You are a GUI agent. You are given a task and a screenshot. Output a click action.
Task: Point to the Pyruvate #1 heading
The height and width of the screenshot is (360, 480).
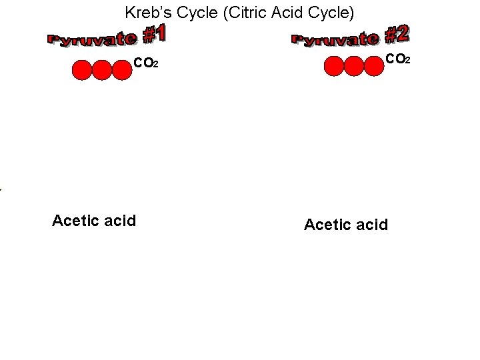107,36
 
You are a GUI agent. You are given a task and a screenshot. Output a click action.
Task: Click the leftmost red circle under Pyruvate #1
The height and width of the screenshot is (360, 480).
81,70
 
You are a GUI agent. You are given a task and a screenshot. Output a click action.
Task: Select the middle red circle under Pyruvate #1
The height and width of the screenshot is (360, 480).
101,70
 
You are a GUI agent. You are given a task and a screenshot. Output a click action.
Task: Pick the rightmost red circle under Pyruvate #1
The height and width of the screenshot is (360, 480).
121,70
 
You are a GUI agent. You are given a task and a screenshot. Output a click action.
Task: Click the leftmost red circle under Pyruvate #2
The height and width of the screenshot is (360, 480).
334,66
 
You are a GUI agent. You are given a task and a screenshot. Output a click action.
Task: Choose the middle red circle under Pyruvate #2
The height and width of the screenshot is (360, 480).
354,66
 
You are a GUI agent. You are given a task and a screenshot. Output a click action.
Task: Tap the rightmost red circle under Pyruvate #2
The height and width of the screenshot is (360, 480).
374,66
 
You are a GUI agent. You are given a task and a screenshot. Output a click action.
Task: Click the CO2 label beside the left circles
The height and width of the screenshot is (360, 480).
145,64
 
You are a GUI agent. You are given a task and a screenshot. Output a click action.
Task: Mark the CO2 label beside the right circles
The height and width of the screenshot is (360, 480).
398,60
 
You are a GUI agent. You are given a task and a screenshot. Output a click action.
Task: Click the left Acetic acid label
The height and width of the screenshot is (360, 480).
94,221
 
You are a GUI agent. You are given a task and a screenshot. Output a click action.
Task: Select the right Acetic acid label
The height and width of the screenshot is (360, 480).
346,225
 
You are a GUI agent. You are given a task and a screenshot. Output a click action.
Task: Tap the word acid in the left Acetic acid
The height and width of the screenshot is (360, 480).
121,221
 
